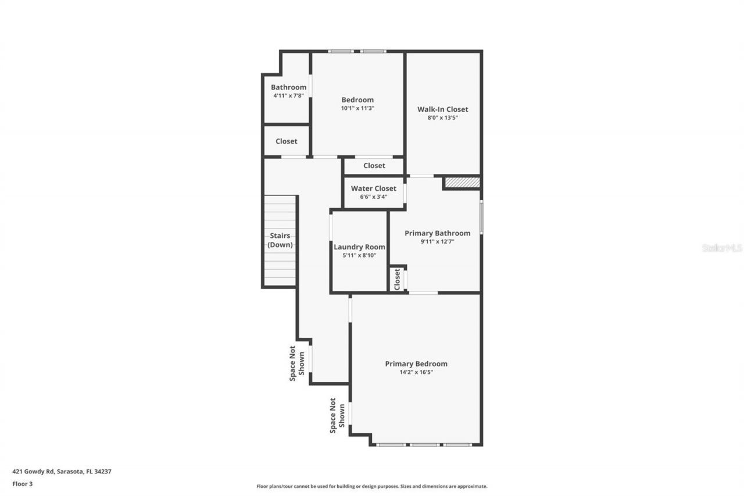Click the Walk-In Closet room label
click(442, 109)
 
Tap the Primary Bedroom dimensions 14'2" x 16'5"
click(416, 372)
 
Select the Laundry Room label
click(359, 247)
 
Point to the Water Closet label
click(373, 188)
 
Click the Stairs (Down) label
click(280, 240)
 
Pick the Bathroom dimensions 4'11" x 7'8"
click(288, 95)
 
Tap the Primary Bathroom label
click(437, 233)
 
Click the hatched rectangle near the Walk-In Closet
click(462, 183)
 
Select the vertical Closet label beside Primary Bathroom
click(397, 279)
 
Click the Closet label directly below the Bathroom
click(286, 141)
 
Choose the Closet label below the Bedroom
click(374, 166)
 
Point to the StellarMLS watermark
click(722, 248)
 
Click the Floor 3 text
click(22, 483)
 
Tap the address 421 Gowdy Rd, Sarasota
click(62, 472)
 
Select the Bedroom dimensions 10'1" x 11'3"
click(357, 108)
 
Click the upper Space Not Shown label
click(297, 363)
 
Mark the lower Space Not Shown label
click(337, 415)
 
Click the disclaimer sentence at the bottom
click(372, 486)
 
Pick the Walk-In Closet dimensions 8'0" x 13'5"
click(442, 117)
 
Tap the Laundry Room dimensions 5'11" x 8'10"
click(359, 255)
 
